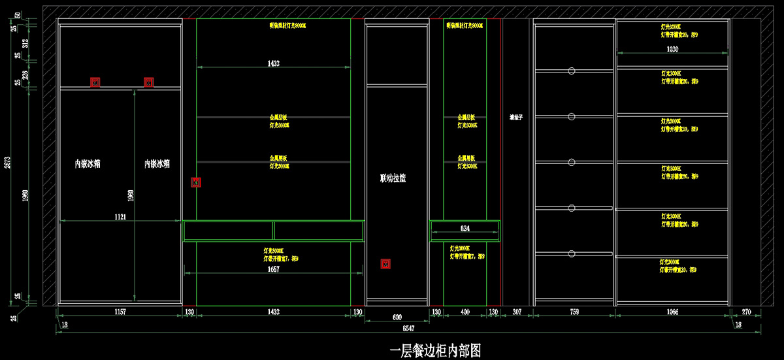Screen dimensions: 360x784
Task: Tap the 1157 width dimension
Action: (x=120, y=312)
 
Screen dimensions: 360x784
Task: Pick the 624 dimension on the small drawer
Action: (x=465, y=229)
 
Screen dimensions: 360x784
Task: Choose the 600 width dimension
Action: (x=397, y=318)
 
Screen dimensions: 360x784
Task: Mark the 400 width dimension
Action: (x=465, y=312)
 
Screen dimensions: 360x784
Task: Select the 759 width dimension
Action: (x=574, y=312)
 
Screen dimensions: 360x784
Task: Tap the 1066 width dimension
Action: (x=672, y=312)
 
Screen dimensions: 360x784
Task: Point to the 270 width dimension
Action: (x=747, y=312)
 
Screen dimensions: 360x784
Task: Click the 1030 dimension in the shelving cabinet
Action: (x=672, y=50)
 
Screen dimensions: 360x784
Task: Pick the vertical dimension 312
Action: (x=25, y=42)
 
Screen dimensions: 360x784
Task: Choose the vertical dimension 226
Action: (x=25, y=73)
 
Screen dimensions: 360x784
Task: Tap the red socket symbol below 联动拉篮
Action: (x=385, y=264)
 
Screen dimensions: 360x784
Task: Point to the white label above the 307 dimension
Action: (x=517, y=118)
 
